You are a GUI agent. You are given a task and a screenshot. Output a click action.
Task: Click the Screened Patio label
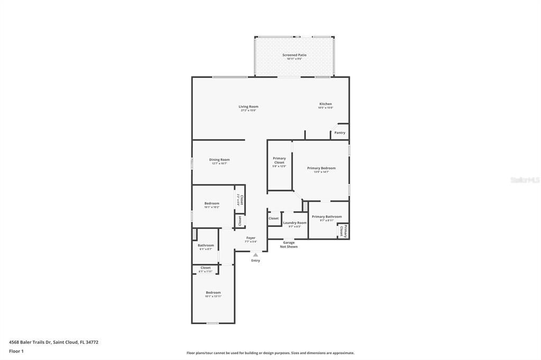click(x=294, y=55)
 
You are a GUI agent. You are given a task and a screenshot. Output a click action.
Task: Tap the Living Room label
click(x=248, y=107)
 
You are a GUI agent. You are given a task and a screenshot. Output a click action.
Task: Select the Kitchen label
click(x=325, y=104)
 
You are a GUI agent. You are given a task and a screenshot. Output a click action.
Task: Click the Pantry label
click(x=340, y=132)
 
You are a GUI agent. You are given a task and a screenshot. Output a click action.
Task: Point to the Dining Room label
click(x=219, y=159)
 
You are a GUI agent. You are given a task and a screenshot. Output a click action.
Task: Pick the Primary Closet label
click(x=279, y=160)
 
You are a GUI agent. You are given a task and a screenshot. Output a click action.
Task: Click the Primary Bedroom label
click(x=321, y=168)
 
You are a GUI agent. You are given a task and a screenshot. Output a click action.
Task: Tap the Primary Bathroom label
click(x=327, y=216)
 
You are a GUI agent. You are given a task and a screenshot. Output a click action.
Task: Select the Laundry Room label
click(x=294, y=223)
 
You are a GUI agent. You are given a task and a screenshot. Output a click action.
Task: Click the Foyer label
click(x=251, y=238)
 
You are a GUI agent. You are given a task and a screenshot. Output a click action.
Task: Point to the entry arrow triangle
click(x=256, y=254)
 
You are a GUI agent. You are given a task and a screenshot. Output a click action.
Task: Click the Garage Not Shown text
click(x=289, y=244)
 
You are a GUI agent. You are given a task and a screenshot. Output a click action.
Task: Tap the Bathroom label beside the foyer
click(x=206, y=245)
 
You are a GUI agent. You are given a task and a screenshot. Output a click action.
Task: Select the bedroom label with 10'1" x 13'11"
click(x=213, y=292)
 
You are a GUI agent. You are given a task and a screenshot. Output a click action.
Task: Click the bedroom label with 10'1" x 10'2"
click(x=212, y=203)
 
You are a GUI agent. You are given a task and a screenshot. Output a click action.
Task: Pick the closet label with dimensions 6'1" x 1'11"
click(x=206, y=268)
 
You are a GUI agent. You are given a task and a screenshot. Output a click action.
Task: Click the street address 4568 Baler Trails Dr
click(x=53, y=342)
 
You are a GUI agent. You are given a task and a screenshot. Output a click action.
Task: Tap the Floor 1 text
click(x=16, y=351)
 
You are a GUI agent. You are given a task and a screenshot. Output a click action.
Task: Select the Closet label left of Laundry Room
click(x=274, y=218)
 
